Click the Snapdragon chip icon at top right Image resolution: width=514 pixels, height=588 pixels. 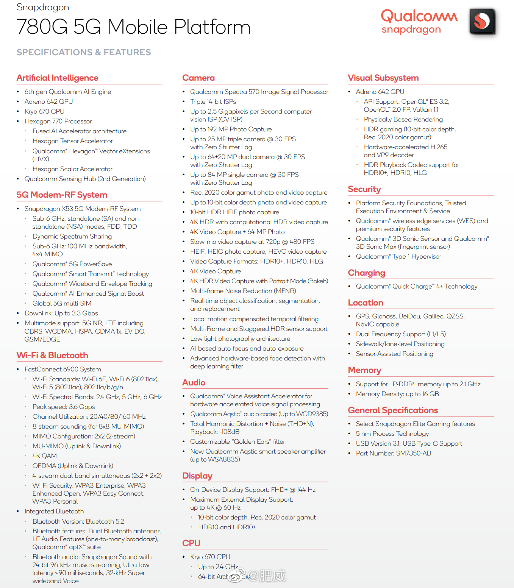[482, 21]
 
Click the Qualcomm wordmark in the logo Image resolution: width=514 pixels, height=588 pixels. [419, 16]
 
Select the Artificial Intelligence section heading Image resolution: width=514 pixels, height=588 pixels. [57, 78]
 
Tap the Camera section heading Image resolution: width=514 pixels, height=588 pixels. [198, 78]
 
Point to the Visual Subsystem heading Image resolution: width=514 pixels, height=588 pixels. [383, 78]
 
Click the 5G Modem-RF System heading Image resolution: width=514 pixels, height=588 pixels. [62, 195]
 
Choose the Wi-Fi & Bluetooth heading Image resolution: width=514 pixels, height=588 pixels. [52, 356]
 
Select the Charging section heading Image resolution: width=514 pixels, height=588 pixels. [366, 273]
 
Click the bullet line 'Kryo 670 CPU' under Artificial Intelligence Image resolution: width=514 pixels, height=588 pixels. [44, 111]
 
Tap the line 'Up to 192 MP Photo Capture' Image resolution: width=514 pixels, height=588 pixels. [231, 129]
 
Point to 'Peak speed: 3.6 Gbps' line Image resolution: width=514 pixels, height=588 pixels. [64, 407]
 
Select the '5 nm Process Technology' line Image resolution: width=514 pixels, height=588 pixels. [392, 434]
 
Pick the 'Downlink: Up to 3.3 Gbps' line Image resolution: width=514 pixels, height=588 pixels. [61, 313]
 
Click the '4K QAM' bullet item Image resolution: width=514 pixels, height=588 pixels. [45, 456]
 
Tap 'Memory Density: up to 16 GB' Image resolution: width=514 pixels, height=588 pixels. [397, 394]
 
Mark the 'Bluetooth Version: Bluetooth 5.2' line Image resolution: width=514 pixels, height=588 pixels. [78, 521]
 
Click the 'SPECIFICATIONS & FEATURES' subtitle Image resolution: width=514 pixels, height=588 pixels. [84, 52]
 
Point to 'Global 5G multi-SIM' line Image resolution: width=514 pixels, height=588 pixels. [62, 303]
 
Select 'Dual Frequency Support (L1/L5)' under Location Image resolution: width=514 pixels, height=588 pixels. [401, 334]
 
